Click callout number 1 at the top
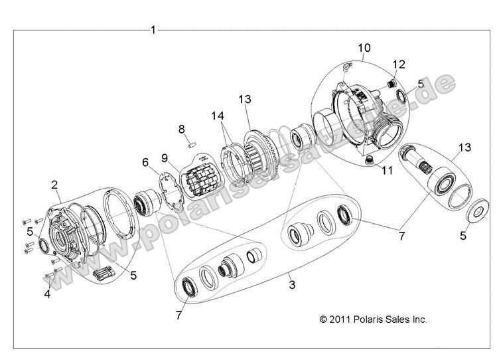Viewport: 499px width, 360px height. pyautogui.click(x=153, y=29)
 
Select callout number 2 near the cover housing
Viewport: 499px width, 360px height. pyautogui.click(x=55, y=184)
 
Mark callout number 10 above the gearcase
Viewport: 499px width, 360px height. pyautogui.click(x=364, y=48)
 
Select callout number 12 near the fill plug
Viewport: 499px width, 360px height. pyautogui.click(x=398, y=64)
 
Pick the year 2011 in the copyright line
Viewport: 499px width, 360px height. pyautogui.click(x=340, y=319)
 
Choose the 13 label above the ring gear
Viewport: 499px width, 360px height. pyautogui.click(x=246, y=99)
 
